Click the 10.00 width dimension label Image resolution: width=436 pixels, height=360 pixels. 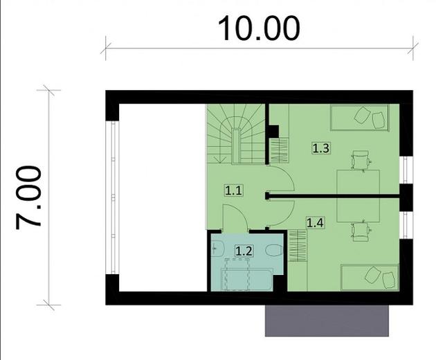pos(259,28)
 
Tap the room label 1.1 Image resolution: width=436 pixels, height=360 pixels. pos(233,191)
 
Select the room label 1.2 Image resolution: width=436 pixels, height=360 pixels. pos(244,251)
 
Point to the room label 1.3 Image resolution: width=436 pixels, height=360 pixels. pos(321,148)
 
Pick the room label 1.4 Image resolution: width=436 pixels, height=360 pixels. pos(316,222)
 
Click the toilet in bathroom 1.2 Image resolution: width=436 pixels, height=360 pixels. pos(274,250)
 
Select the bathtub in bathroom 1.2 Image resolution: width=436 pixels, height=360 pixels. pos(247,280)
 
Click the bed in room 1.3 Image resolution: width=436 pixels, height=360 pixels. pos(359,118)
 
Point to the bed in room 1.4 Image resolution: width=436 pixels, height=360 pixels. pos(370,278)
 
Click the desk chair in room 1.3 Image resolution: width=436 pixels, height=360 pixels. pos(361,160)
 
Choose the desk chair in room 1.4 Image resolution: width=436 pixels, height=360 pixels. pos(361,231)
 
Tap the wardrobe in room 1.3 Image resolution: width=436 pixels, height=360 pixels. pos(280,150)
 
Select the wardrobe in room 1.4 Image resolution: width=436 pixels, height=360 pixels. pos(298,246)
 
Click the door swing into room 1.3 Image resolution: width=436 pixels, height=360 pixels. pos(280,179)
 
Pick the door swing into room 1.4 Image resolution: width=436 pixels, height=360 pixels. pos(280,213)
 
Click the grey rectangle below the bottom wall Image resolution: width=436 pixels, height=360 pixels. pos(327,321)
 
